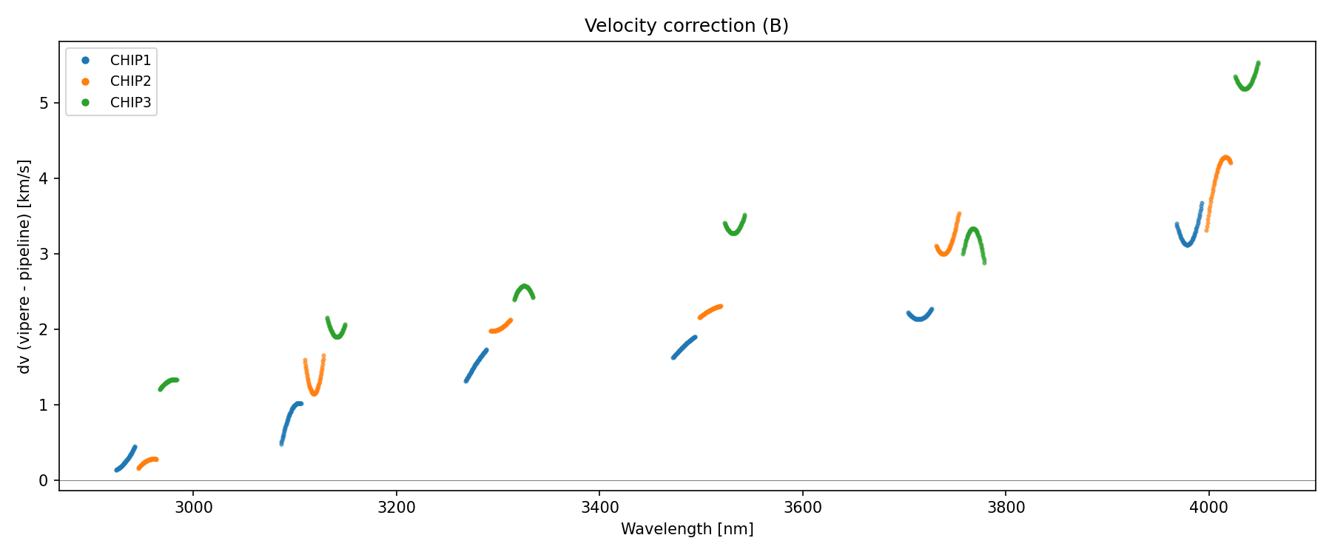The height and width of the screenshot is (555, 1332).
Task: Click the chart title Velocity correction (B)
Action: pyautogui.click(x=686, y=26)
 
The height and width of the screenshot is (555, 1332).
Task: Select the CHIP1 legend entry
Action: pyautogui.click(x=130, y=61)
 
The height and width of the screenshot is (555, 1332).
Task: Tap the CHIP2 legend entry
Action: pyautogui.click(x=130, y=81)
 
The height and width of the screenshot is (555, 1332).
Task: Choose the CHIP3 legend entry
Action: pyautogui.click(x=130, y=103)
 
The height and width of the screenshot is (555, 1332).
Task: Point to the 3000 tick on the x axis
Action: pyautogui.click(x=193, y=507)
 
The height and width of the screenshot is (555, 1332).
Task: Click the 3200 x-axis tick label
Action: pyautogui.click(x=397, y=507)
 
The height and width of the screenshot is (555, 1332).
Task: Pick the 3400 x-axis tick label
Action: pyautogui.click(x=599, y=507)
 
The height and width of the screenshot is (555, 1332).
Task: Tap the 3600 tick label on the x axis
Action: pyautogui.click(x=803, y=507)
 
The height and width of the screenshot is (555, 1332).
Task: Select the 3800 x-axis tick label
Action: pyautogui.click(x=1006, y=507)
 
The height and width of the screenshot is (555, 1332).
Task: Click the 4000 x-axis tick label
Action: pyautogui.click(x=1209, y=507)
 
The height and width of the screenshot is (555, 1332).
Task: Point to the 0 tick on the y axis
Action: pyautogui.click(x=44, y=481)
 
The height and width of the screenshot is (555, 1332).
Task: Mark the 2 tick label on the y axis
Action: pyautogui.click(x=44, y=329)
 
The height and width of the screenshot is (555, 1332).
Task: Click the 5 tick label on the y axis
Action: pyautogui.click(x=44, y=103)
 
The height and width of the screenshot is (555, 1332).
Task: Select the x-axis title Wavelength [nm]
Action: pyautogui.click(x=687, y=529)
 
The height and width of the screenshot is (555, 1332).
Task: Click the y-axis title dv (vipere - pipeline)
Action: pyautogui.click(x=24, y=266)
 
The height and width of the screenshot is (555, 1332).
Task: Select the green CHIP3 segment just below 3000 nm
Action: pyautogui.click(x=169, y=382)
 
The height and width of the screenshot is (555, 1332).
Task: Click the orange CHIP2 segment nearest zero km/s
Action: pyautogui.click(x=148, y=461)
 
